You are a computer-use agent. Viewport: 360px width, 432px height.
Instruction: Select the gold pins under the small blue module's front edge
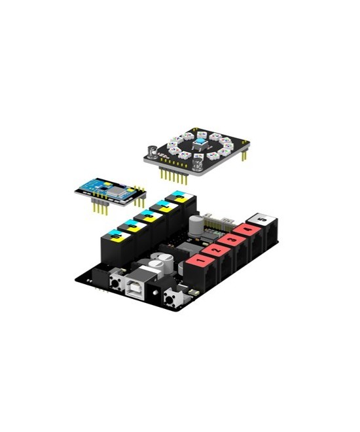(99, 207)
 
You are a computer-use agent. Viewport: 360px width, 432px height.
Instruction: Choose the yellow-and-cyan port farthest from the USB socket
(177, 196)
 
